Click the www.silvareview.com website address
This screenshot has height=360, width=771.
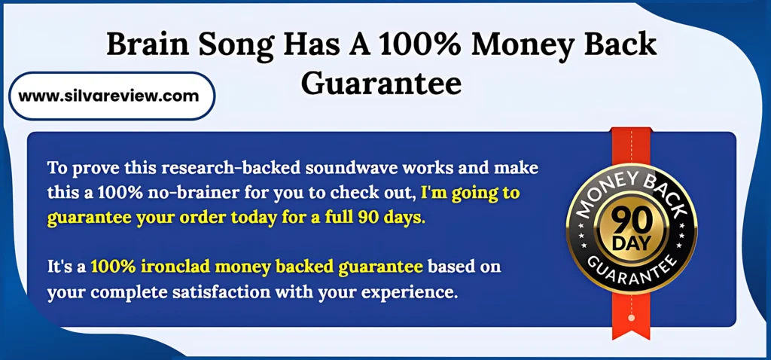[x=108, y=96]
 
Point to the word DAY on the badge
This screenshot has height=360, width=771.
[x=632, y=243]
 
